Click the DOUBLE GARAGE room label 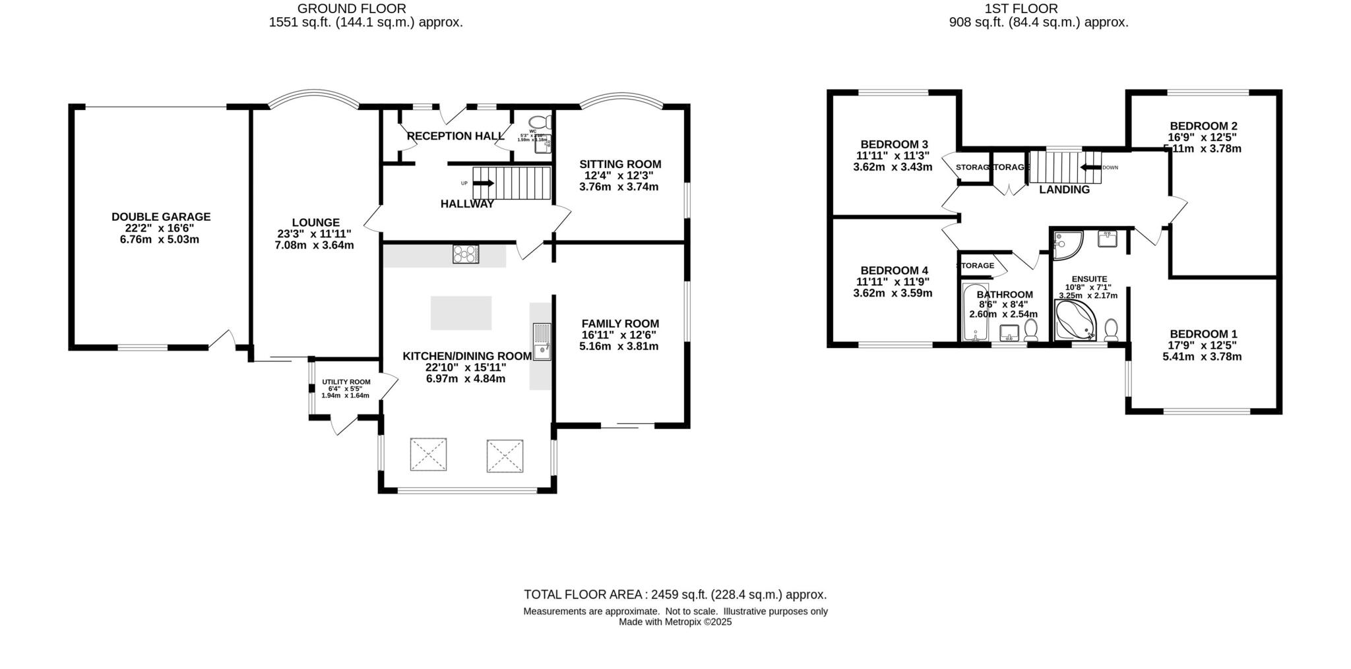click(x=160, y=216)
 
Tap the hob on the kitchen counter click(x=466, y=254)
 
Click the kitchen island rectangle click(x=461, y=313)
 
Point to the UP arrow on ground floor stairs click(x=483, y=183)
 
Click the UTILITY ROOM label click(x=346, y=382)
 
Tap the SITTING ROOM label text click(x=619, y=164)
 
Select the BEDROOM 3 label click(x=894, y=144)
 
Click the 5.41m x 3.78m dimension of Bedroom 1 click(x=1201, y=357)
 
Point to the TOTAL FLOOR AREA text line click(x=675, y=595)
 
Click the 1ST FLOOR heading click(x=1021, y=9)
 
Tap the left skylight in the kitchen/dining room click(x=428, y=455)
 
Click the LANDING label click(x=1064, y=190)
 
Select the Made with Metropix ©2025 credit click(x=675, y=622)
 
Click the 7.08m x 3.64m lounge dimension click(x=314, y=245)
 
